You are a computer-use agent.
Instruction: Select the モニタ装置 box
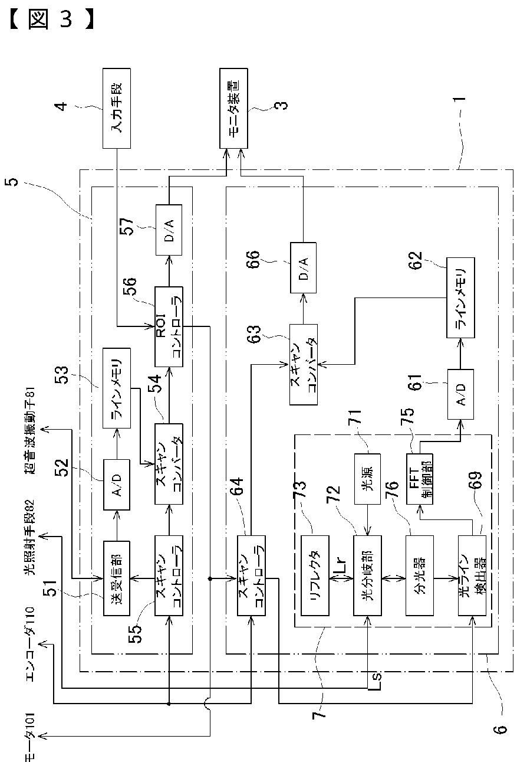[x=234, y=108]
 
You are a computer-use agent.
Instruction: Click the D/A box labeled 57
[x=169, y=230]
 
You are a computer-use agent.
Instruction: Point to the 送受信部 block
[x=116, y=578]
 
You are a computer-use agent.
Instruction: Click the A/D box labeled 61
[x=460, y=394]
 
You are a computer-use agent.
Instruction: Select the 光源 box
[x=368, y=478]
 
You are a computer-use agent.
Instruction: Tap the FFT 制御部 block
[x=419, y=478]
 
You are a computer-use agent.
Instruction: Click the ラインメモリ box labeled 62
[x=460, y=297]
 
